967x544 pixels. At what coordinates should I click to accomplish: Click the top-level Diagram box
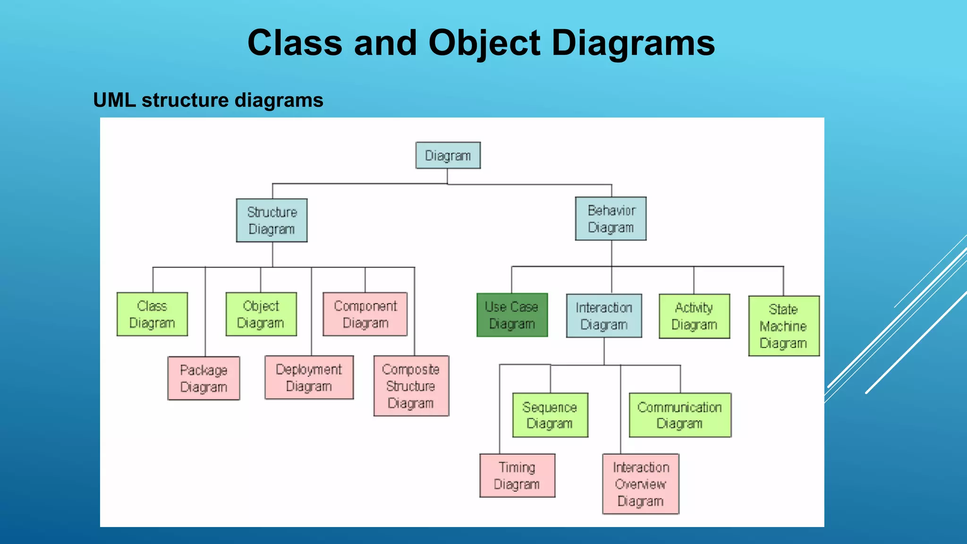click(448, 155)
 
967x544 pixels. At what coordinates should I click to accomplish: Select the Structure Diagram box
click(271, 221)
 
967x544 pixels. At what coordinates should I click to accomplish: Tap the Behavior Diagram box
click(611, 219)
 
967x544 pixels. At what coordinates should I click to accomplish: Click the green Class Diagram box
click(152, 314)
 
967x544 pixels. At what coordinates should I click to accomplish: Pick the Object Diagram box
click(261, 314)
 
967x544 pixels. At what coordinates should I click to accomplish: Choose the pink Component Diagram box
click(365, 314)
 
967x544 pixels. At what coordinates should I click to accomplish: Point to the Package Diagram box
click(204, 378)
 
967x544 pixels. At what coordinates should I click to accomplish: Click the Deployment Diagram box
click(309, 377)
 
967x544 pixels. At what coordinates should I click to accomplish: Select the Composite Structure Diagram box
click(411, 386)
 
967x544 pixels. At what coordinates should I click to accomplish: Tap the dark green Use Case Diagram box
click(512, 315)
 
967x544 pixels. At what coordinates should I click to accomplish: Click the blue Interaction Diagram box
click(604, 316)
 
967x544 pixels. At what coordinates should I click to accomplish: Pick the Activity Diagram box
click(694, 316)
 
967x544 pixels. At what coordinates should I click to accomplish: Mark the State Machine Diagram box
click(783, 326)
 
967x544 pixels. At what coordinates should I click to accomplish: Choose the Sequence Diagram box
click(550, 415)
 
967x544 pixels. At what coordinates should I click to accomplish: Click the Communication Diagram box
click(680, 415)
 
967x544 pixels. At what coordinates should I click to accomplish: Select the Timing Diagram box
click(517, 476)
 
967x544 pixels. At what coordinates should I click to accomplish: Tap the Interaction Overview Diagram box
click(640, 484)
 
